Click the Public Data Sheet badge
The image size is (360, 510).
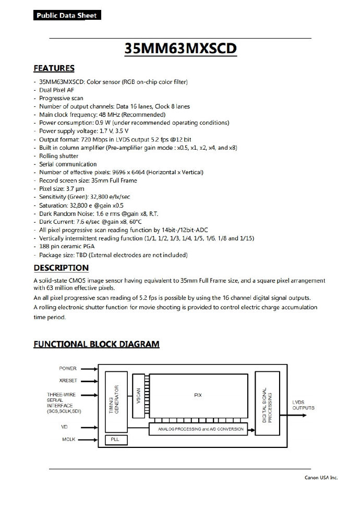(66, 16)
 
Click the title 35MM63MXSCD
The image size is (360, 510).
(181, 48)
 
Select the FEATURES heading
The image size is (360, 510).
(54, 68)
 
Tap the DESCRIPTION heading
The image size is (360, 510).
(61, 268)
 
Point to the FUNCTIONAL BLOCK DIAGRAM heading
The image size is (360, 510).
(97, 344)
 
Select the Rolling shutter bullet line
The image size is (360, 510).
(58, 156)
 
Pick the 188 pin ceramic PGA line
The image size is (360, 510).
(69, 247)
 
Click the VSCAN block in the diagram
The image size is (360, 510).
(138, 396)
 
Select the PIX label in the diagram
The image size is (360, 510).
(197, 395)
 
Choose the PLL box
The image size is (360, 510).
(115, 440)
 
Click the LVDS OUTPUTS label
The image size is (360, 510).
(303, 405)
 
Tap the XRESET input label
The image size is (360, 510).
(68, 381)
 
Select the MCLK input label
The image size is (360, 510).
(68, 439)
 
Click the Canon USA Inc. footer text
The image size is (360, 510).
(321, 477)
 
